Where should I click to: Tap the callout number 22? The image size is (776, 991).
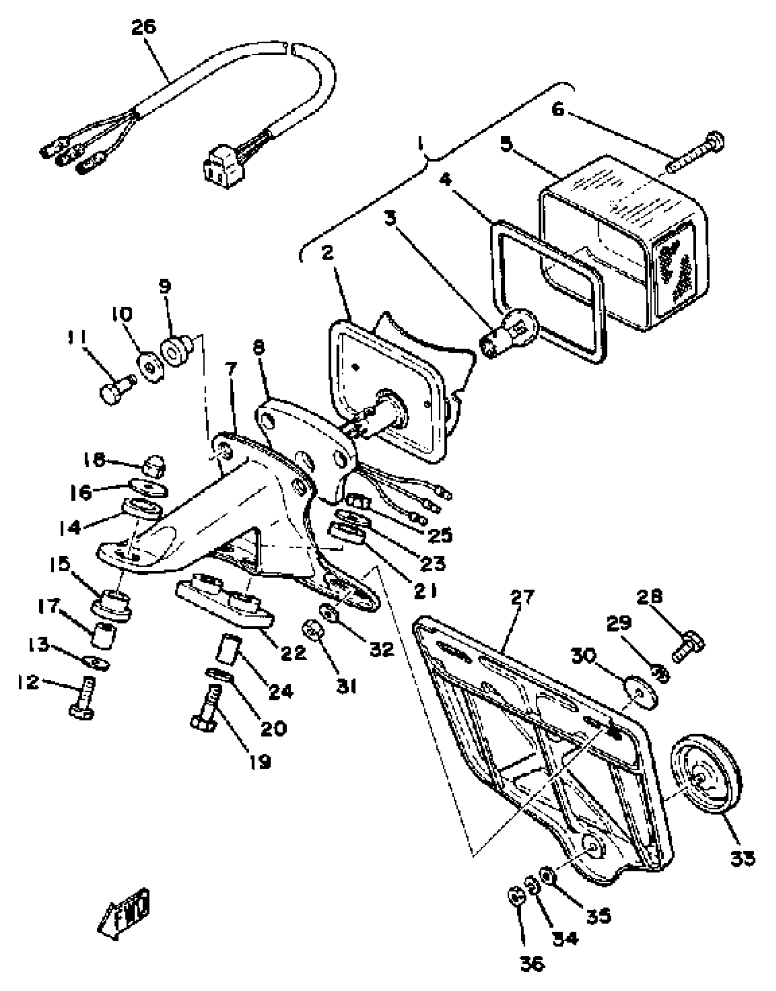(293, 652)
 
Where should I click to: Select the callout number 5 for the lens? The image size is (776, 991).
(506, 143)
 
